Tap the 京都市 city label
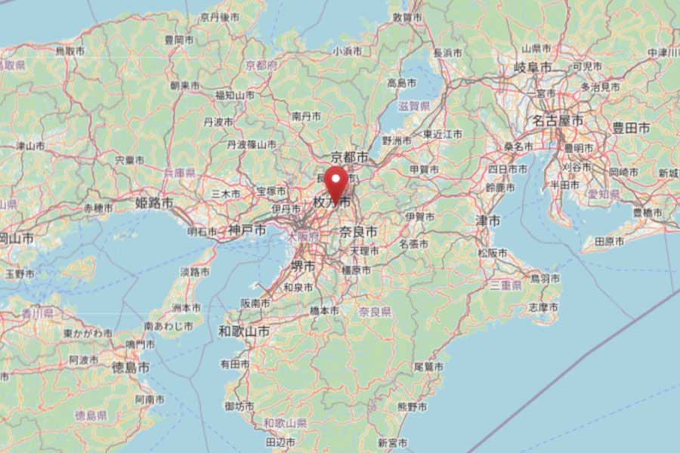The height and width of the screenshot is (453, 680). click(x=350, y=157)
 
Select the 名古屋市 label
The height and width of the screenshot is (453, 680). click(x=557, y=121)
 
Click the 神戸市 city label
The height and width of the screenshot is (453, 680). click(x=249, y=230)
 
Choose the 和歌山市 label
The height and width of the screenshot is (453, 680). click(x=244, y=331)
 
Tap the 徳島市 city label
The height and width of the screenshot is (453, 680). click(x=131, y=368)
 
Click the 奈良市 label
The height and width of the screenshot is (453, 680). click(x=358, y=231)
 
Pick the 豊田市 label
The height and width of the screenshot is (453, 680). click(x=631, y=128)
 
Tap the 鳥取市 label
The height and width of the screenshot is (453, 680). click(x=70, y=51)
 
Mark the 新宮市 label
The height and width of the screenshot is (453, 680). click(x=393, y=442)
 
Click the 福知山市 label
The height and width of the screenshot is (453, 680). click(x=234, y=95)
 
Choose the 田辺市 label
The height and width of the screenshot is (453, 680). click(x=280, y=442)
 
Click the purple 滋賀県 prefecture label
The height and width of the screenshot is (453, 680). click(x=414, y=106)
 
